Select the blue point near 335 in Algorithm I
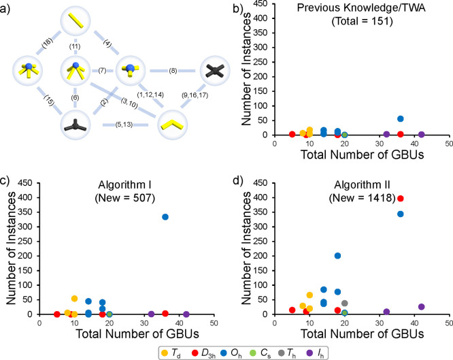[165, 216]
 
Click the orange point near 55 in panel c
[74, 299]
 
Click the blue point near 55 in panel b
[401, 119]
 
